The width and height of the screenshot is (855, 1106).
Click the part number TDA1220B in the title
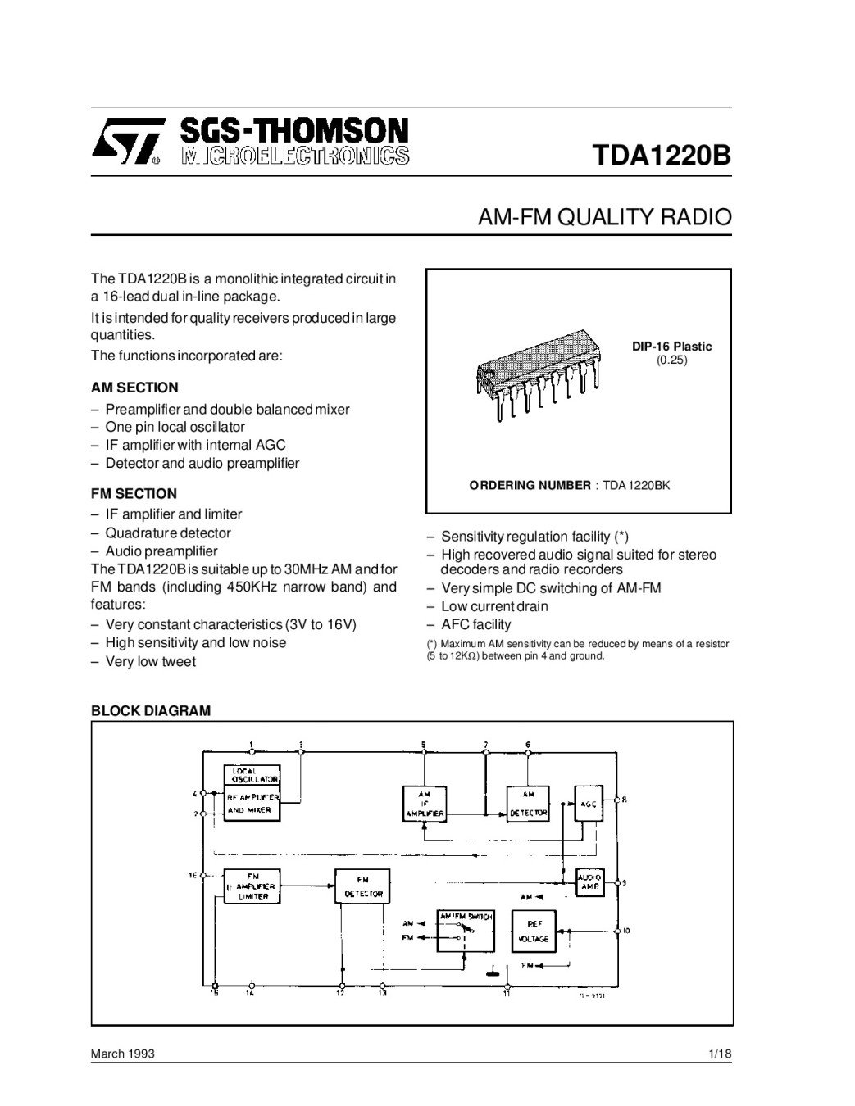[661, 156]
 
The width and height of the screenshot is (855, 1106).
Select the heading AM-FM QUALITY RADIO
[604, 218]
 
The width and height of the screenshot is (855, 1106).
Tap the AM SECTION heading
[134, 388]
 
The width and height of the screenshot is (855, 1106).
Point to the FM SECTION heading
[134, 493]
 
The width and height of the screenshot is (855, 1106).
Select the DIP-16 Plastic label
[671, 347]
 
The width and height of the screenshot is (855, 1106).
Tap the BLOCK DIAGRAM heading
[150, 711]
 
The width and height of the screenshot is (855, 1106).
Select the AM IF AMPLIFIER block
[424, 805]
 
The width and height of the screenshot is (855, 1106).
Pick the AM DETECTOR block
[528, 805]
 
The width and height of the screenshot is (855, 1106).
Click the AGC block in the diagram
[589, 805]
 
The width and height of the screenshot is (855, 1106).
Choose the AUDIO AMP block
[590, 882]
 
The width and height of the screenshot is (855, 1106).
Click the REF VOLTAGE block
[534, 931]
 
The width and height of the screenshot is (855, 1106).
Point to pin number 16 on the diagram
[193, 875]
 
